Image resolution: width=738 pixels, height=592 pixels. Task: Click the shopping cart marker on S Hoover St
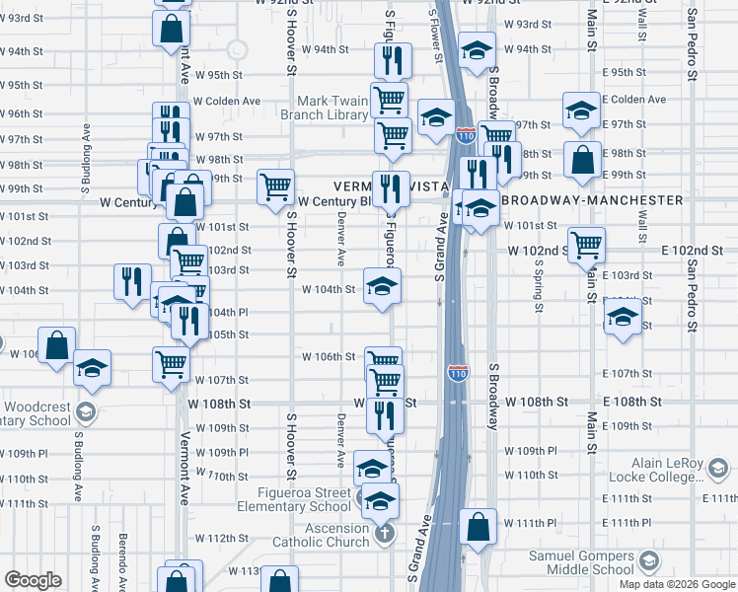275,185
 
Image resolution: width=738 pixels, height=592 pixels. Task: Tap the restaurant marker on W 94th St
393,60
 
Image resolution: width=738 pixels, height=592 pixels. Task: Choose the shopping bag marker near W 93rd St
172,28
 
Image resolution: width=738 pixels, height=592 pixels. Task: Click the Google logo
33,580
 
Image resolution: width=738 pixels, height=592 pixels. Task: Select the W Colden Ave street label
227,101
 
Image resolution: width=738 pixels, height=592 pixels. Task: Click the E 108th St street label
631,402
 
